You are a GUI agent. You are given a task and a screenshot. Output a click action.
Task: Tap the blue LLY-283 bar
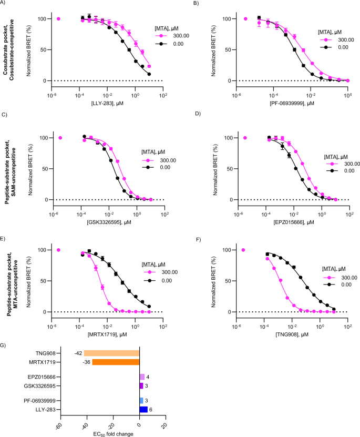tap(143, 409)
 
